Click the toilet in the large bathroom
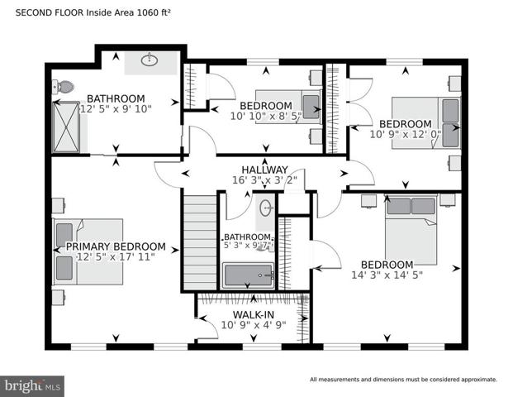(64, 87)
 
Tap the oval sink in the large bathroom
(150, 60)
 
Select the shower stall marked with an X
(66, 127)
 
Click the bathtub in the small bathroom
(248, 275)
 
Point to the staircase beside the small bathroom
(200, 242)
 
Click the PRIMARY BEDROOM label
(116, 246)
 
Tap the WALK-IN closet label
(254, 315)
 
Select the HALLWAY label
(264, 170)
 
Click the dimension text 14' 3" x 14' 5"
(387, 275)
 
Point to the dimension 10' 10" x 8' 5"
(266, 116)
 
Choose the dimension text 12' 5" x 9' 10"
(116, 108)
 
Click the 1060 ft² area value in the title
(154, 12)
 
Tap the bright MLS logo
(32, 386)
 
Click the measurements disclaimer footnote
(403, 380)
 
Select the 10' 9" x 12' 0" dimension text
(406, 134)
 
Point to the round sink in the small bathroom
(266, 208)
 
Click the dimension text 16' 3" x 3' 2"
(264, 180)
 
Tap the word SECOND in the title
(33, 12)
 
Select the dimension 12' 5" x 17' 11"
(116, 256)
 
